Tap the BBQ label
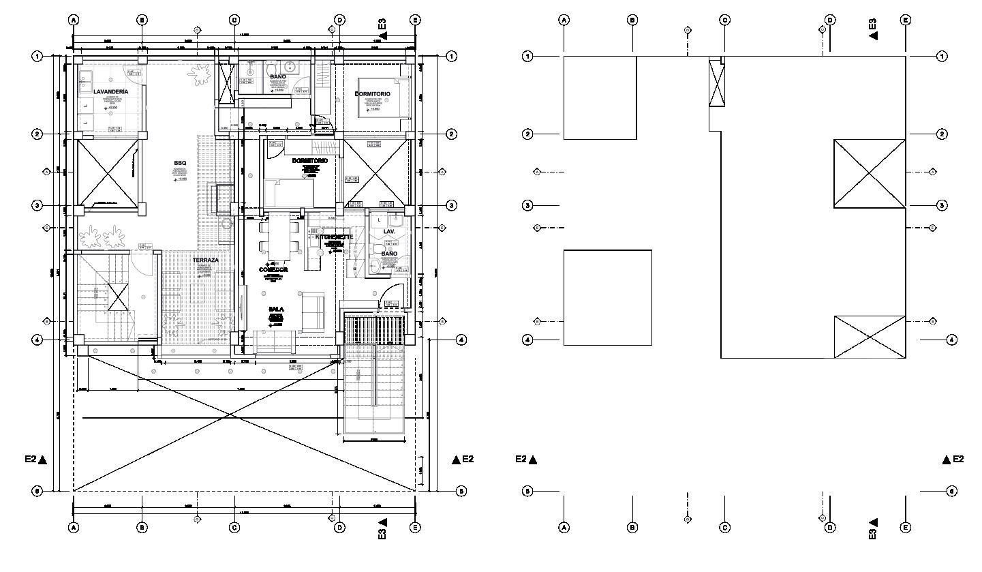click(x=180, y=163)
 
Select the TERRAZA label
click(x=206, y=260)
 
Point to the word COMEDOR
click(x=273, y=270)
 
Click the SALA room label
click(x=276, y=309)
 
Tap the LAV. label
click(x=389, y=232)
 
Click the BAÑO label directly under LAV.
click(x=389, y=254)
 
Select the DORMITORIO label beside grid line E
click(x=373, y=93)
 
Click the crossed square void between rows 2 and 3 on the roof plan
click(x=870, y=173)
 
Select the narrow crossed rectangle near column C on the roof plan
click(x=716, y=82)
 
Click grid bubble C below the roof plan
click(x=724, y=527)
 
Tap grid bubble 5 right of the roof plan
click(x=952, y=491)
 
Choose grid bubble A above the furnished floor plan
click(x=74, y=20)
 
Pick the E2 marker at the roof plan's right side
click(x=953, y=460)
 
